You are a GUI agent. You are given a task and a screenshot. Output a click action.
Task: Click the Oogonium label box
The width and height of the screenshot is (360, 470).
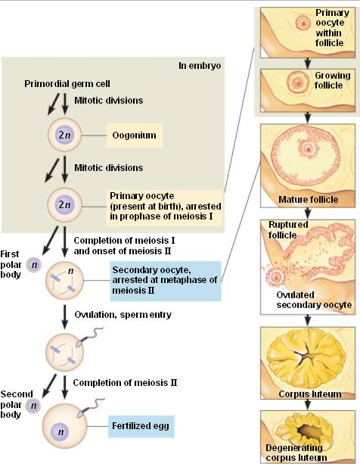[x=135, y=135]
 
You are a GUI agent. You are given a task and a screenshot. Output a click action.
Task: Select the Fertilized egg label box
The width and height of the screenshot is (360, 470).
[x=141, y=426]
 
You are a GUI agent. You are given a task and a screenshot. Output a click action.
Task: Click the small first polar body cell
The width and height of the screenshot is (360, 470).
[x=33, y=265]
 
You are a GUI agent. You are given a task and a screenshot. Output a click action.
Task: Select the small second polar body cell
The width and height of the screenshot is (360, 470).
[x=33, y=407]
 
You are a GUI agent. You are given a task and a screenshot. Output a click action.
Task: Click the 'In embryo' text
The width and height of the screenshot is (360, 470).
[x=199, y=66]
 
